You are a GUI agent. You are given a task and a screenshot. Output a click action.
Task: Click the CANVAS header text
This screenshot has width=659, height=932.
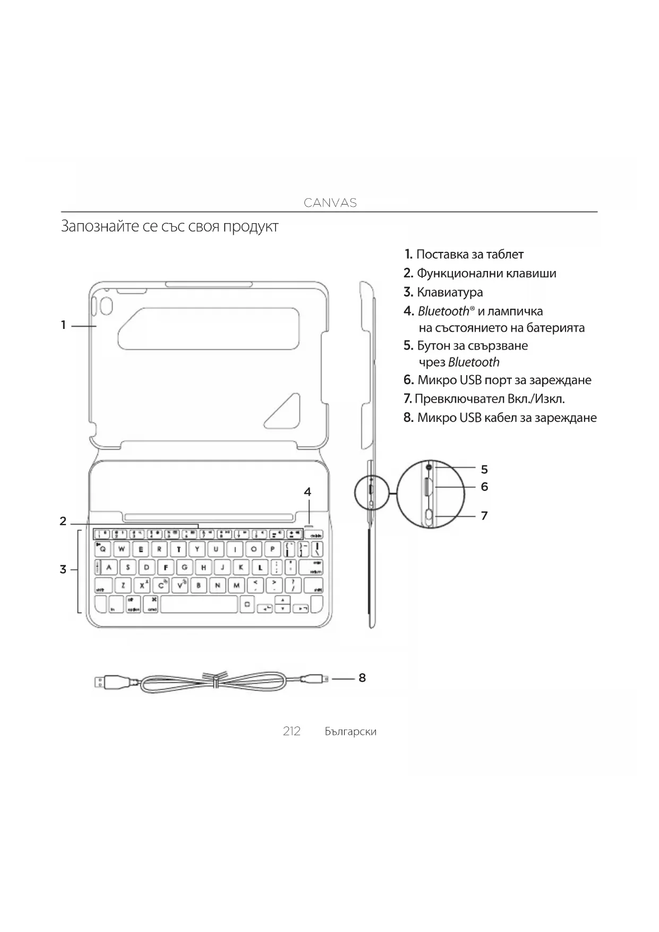(x=330, y=202)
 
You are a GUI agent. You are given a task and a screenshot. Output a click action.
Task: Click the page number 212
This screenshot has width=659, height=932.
(x=292, y=731)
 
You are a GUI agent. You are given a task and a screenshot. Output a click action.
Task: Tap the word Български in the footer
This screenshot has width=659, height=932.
(x=350, y=732)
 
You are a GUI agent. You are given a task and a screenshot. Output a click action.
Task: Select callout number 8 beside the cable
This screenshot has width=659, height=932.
(x=362, y=677)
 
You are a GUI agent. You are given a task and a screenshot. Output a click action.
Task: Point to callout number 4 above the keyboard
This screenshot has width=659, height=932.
(x=307, y=492)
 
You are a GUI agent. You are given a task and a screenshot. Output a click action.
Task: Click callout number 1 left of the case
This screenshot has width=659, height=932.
(x=63, y=325)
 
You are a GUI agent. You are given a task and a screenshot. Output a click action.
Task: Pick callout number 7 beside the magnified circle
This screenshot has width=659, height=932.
(x=484, y=515)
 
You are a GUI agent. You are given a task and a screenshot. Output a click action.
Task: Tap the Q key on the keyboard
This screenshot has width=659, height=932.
(x=103, y=549)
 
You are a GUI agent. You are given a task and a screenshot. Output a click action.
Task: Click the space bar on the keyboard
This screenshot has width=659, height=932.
(x=199, y=605)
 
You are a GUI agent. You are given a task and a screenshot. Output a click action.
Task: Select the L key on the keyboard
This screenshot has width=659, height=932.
(x=260, y=567)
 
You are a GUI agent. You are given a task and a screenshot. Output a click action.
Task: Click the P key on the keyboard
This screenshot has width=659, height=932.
(x=272, y=549)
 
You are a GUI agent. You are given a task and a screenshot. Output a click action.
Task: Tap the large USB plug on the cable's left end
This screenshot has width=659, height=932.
(x=100, y=681)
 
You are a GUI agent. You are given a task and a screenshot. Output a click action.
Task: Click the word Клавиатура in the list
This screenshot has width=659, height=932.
(x=450, y=292)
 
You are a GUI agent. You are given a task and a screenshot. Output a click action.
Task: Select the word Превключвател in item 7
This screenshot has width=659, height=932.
(x=459, y=399)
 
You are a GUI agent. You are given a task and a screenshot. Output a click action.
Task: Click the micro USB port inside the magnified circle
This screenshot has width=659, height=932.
(x=428, y=487)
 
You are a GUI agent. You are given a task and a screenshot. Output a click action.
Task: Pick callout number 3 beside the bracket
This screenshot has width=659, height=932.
(x=63, y=570)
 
